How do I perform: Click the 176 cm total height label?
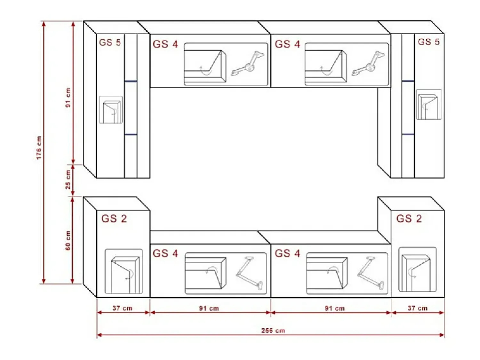point(39,148)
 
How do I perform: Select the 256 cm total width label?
point(273,330)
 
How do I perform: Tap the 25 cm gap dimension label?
point(68,180)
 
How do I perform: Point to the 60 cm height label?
point(68,240)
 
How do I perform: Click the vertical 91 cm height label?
point(68,98)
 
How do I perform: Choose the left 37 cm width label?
point(123,308)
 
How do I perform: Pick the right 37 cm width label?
point(418,308)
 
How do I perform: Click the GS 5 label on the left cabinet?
point(110,43)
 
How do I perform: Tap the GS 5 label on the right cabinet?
point(428,42)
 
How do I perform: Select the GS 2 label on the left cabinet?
point(114,219)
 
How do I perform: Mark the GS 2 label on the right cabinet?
point(409,219)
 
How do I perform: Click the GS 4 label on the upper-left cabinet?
point(165,44)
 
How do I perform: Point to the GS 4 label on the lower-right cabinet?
point(287,253)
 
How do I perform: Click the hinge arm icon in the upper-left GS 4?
point(248,64)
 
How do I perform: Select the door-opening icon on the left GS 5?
point(111,110)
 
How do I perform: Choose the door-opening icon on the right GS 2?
point(417,269)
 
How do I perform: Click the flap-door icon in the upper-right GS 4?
point(326,66)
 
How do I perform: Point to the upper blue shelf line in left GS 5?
point(131,81)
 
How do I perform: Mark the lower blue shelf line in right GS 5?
point(408,134)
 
